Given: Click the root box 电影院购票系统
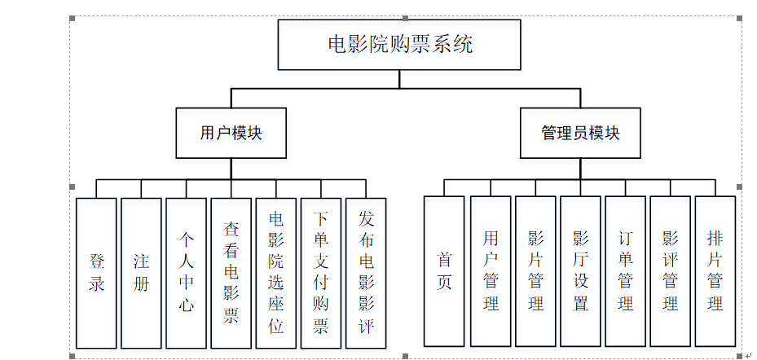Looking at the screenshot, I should coord(398,45).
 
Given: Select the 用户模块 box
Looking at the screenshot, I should coord(231,134).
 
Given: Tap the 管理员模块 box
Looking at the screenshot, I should coord(580,134).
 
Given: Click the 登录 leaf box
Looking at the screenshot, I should coord(96,273).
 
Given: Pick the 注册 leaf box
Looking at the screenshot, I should coord(141,273).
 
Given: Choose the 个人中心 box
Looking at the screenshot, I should coord(186,273).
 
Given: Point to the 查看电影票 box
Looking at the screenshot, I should coord(231,273).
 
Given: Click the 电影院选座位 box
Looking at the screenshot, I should coord(275,273).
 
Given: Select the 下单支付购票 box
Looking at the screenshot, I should coord(320,273).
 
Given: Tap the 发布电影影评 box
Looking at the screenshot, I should coord(365,273).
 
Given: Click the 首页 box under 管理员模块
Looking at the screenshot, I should coord(444,271).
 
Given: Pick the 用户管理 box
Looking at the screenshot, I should coord(491,271).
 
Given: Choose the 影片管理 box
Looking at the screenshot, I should coord(535,271).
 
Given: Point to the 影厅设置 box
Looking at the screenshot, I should coord(580,271).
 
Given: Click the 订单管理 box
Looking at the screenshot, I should coord(625,271).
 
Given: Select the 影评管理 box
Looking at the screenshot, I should coord(670,271).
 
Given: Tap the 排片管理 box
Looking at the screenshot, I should coord(715,271).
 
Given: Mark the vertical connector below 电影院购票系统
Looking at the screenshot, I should coord(398,79).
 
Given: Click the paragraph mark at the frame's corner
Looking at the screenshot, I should coord(748,354).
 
